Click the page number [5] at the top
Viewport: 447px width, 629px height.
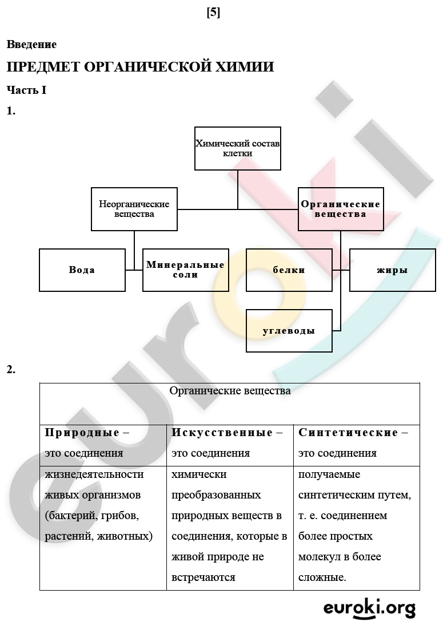tap(213, 13)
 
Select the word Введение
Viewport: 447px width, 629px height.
tap(31, 44)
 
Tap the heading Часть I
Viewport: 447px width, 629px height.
tap(26, 90)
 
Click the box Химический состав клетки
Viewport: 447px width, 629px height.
tap(238, 149)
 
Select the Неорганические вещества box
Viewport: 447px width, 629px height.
tap(134, 209)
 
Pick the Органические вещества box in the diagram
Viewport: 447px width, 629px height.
tap(341, 209)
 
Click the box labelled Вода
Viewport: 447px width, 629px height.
tap(82, 270)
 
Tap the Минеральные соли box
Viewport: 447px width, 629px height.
tap(186, 270)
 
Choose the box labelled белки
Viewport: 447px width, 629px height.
tap(289, 270)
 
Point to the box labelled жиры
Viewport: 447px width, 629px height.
tap(393, 270)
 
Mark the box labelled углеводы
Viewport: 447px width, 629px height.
tap(289, 331)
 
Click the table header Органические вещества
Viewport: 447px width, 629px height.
tap(230, 391)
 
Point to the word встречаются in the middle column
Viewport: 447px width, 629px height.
tap(203, 577)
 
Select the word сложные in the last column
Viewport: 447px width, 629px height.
tap(321, 577)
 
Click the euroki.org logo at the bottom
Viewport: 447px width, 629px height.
tap(369, 609)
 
